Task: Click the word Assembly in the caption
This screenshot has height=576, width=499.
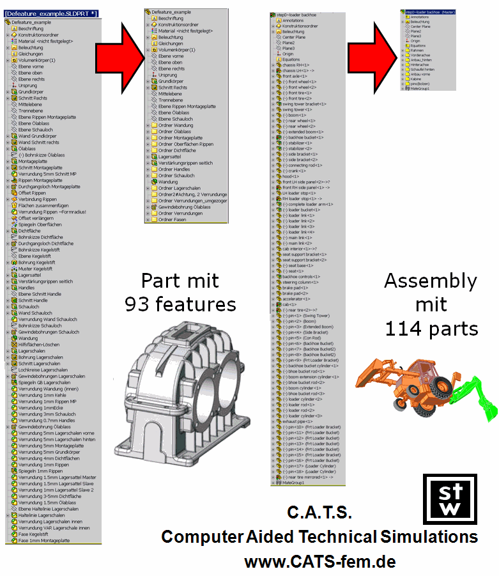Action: pos(430,281)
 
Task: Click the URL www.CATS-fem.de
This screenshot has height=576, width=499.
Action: pos(319,562)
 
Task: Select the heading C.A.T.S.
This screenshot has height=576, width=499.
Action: pos(319,512)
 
